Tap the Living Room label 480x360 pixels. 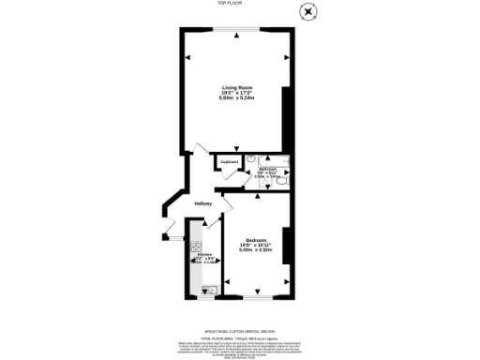point(235,87)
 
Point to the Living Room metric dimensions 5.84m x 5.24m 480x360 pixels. point(235,97)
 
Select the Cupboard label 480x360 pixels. point(228,162)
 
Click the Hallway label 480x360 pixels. point(203,203)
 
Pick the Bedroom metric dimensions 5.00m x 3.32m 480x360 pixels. point(254,248)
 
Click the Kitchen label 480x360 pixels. point(203,253)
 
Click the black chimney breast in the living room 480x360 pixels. point(287,112)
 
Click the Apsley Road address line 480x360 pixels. point(240,330)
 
